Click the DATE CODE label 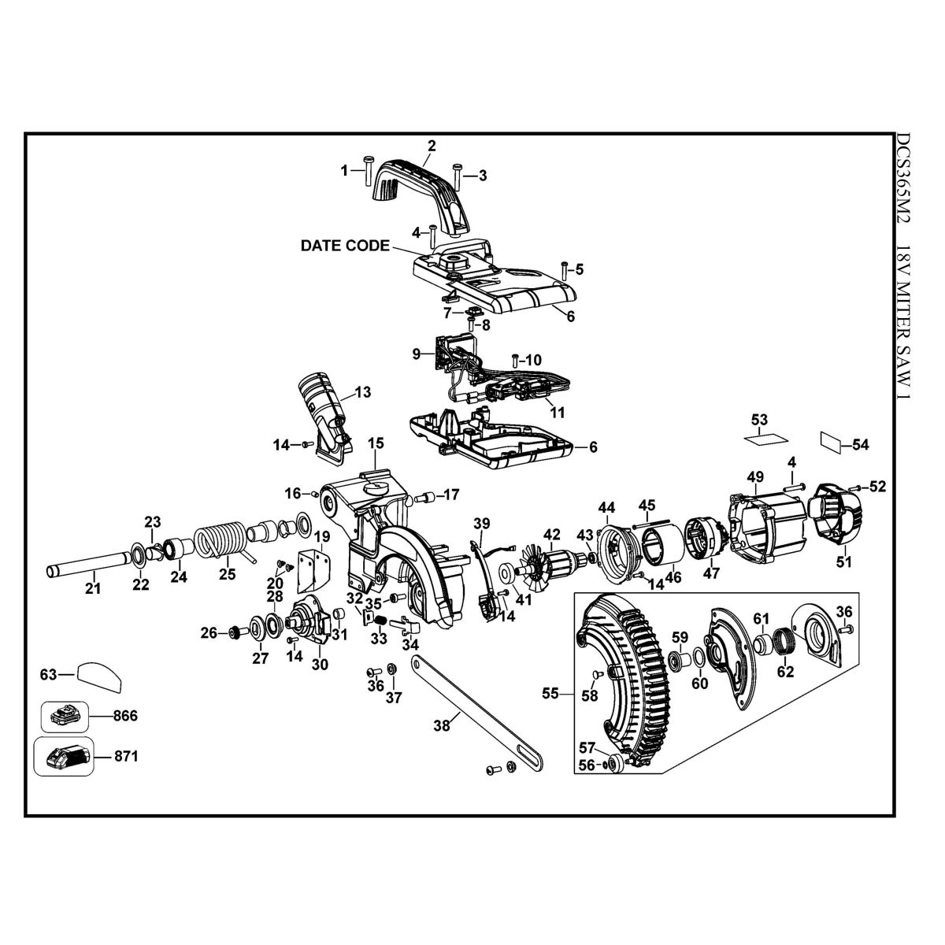pyautogui.click(x=345, y=246)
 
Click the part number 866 pyautogui.click(x=125, y=716)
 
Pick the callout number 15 pyautogui.click(x=374, y=442)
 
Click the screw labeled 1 pyautogui.click(x=368, y=172)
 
